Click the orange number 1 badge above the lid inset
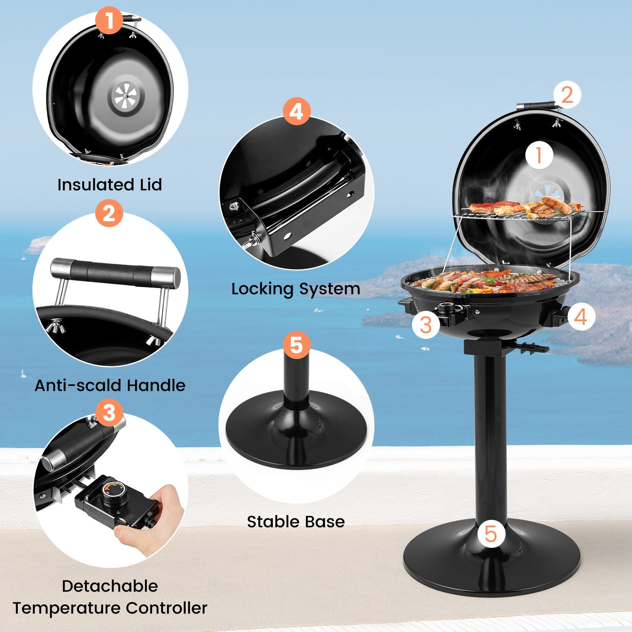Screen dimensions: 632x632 click(x=109, y=20)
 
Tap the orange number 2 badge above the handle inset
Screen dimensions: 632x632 click(x=109, y=213)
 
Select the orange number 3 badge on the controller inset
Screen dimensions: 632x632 click(x=109, y=413)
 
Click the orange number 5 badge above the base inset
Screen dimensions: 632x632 click(x=296, y=345)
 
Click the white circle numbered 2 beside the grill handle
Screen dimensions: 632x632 click(x=567, y=95)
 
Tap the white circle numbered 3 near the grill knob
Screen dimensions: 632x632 click(x=425, y=325)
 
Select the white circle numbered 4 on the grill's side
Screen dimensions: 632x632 click(x=581, y=316)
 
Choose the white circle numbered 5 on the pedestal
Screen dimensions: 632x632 click(x=491, y=534)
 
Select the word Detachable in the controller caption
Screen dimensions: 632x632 click(x=110, y=586)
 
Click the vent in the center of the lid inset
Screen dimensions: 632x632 click(x=125, y=97)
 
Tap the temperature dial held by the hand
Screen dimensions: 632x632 click(x=115, y=493)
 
